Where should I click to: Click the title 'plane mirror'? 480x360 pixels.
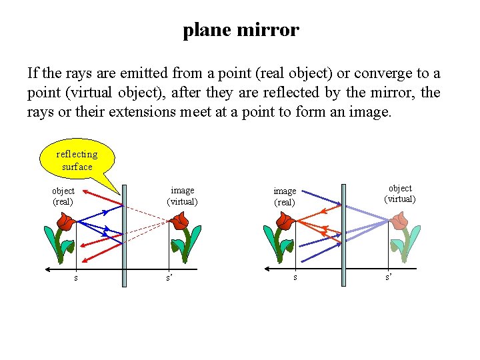click(241, 30)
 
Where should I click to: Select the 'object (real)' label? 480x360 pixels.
click(63, 195)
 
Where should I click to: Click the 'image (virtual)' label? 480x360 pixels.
click(182, 195)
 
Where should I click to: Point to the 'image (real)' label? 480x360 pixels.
click(285, 196)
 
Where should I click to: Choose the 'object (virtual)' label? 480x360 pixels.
click(399, 193)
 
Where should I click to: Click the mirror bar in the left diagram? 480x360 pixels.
click(124, 240)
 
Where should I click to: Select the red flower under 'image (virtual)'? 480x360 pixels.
click(180, 222)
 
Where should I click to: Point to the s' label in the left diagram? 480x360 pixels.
click(169, 277)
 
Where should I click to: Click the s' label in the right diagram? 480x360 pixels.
click(388, 276)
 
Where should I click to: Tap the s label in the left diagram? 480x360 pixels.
click(75, 277)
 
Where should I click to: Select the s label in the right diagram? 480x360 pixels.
click(295, 277)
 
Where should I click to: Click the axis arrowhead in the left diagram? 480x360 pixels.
click(49, 269)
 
